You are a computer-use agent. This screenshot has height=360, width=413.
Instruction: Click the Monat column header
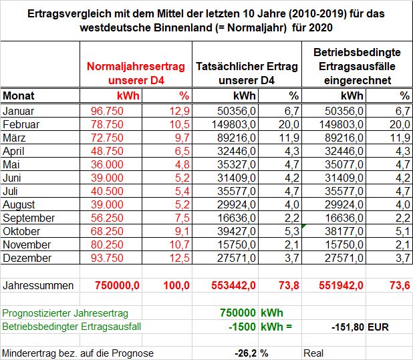pos(19,96)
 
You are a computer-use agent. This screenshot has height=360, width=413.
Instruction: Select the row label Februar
pos(21,124)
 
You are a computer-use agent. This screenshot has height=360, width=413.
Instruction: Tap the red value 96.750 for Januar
pos(107,111)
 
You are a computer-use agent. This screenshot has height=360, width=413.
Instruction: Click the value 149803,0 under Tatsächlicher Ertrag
pos(234,124)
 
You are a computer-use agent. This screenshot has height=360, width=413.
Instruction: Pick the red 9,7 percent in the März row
pos(182,138)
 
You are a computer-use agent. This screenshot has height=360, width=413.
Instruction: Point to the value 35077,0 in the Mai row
pos(344,164)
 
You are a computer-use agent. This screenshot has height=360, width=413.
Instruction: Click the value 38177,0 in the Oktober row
pos(344,231)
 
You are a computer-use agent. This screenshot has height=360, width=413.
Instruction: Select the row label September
pos(29,218)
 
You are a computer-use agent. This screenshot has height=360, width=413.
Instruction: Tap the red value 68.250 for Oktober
pos(107,231)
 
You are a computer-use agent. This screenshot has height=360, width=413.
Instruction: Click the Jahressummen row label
pos(38,285)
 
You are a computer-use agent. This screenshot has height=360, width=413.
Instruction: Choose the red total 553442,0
pos(233,285)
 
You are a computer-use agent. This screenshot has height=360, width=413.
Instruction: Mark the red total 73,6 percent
pos(400,285)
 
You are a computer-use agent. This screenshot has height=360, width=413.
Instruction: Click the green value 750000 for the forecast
pos(238,313)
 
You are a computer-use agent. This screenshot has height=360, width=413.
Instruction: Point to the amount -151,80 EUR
pos(360,327)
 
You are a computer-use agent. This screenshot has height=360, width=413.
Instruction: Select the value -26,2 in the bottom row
pos(246,353)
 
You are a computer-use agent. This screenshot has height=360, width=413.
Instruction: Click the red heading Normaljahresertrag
pos(136,66)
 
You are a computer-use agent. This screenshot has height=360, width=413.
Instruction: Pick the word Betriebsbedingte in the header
pos(357,52)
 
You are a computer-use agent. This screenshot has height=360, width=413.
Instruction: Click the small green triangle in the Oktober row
pos(303,226)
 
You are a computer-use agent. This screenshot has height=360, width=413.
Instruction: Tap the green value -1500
pos(242,327)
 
